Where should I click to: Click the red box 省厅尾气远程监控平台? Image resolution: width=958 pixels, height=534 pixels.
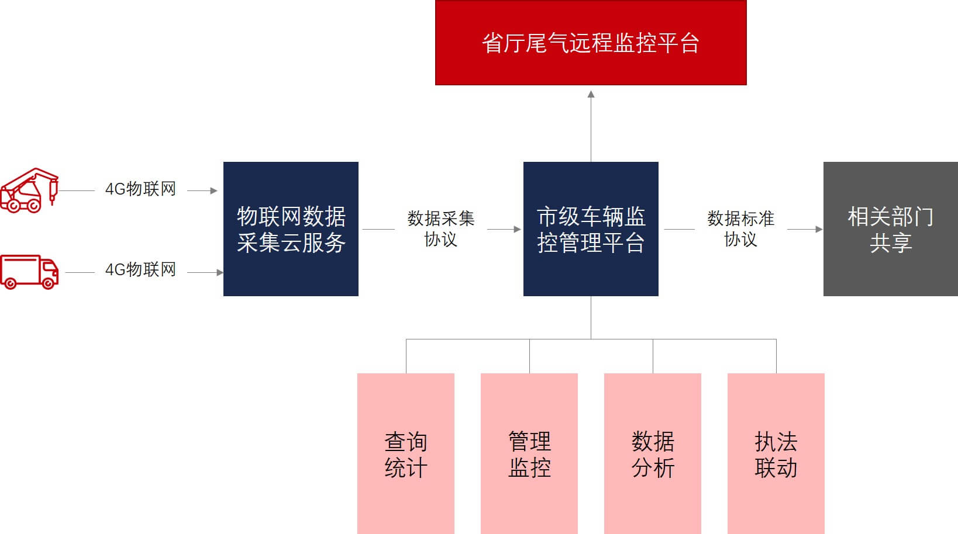pyautogui.click(x=591, y=43)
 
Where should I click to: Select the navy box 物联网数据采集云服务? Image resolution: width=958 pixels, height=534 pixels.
pyautogui.click(x=291, y=229)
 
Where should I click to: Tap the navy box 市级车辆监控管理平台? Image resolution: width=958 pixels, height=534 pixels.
pyautogui.click(x=591, y=229)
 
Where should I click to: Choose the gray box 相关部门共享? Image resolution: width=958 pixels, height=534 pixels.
pyautogui.click(x=890, y=229)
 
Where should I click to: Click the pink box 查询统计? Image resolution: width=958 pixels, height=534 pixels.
pyautogui.click(x=406, y=453)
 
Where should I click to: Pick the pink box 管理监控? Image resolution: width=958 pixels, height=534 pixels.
pyautogui.click(x=529, y=453)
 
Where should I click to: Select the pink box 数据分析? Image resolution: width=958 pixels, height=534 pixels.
pyautogui.click(x=653, y=453)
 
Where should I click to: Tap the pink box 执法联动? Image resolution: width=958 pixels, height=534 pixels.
pyautogui.click(x=776, y=453)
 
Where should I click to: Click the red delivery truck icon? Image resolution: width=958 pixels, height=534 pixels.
pyautogui.click(x=29, y=272)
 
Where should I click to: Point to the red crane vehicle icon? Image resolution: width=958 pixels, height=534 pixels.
pyautogui.click(x=29, y=190)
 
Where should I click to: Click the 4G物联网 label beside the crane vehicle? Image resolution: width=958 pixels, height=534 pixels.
pyautogui.click(x=140, y=189)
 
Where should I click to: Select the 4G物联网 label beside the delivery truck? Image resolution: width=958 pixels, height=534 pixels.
pyautogui.click(x=140, y=269)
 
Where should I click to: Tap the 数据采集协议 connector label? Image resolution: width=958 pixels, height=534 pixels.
pyautogui.click(x=440, y=228)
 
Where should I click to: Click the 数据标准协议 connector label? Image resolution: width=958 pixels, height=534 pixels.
pyautogui.click(x=740, y=228)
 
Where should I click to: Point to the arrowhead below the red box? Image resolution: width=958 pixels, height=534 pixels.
pyautogui.click(x=591, y=94)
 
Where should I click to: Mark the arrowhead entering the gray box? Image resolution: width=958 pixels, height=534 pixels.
pyautogui.click(x=819, y=229)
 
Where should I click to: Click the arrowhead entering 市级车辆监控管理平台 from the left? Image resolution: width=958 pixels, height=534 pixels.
pyautogui.click(x=517, y=229)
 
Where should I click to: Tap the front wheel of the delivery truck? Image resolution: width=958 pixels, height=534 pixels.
pyautogui.click(x=49, y=283)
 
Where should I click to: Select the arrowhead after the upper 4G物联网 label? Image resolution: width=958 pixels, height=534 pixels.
pyautogui.click(x=214, y=190)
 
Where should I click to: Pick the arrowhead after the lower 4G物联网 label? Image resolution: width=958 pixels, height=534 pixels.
pyautogui.click(x=220, y=272)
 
